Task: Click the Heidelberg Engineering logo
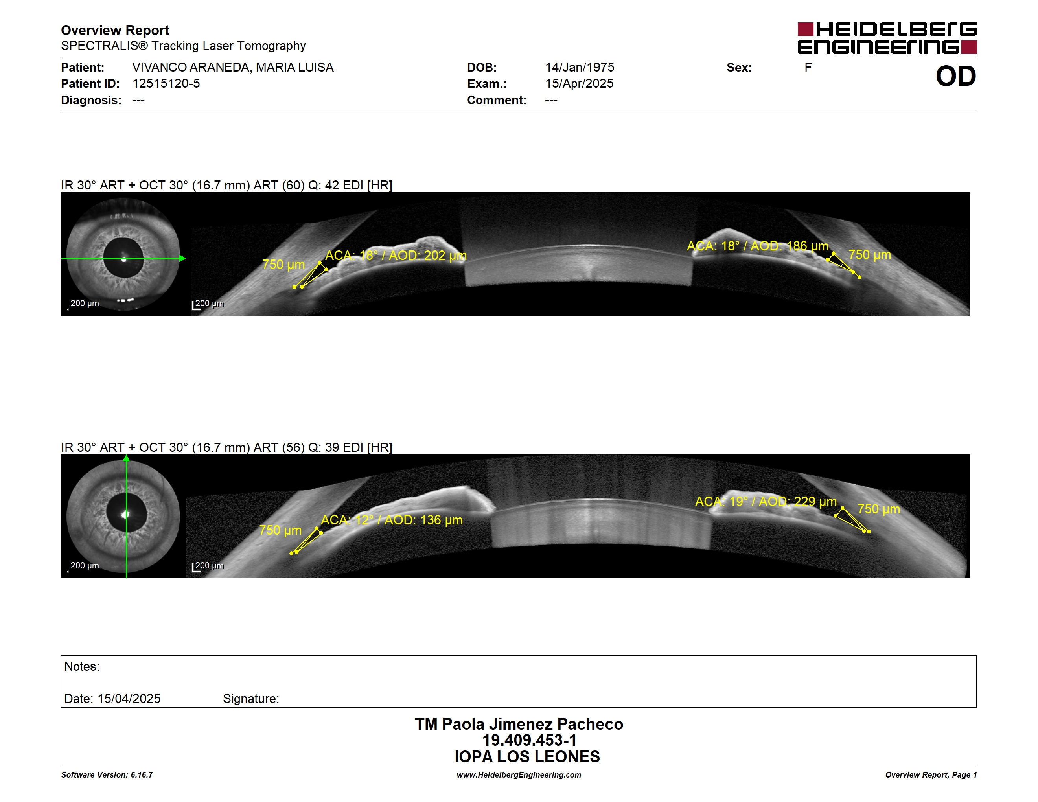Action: (x=887, y=38)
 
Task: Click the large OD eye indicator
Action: (x=956, y=76)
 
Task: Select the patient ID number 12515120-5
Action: (x=166, y=84)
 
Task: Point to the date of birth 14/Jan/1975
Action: (x=580, y=68)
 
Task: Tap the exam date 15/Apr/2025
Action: (x=579, y=84)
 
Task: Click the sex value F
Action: (x=808, y=68)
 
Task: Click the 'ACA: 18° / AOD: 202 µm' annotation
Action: (x=396, y=256)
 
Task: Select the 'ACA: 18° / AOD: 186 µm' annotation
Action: (x=758, y=246)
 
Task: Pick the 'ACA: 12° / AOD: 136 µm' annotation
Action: (x=392, y=520)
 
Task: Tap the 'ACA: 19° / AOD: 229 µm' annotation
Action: (x=766, y=502)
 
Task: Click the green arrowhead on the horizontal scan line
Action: (x=182, y=258)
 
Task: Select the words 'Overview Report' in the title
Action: (x=115, y=30)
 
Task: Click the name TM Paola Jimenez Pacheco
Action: (x=519, y=724)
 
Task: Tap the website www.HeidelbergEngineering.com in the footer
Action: (x=519, y=775)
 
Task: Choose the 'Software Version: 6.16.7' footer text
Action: (x=107, y=775)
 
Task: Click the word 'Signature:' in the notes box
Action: (x=251, y=699)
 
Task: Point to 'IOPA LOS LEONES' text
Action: (x=527, y=757)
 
